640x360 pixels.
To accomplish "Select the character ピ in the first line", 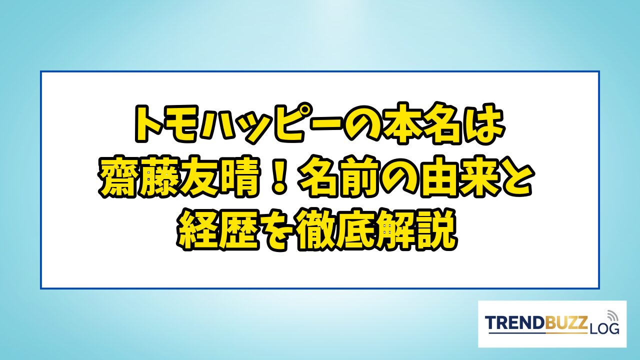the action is [x=287, y=123].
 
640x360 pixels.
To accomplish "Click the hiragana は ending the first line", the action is [x=484, y=123].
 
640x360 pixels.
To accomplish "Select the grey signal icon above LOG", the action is [x=612, y=316].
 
